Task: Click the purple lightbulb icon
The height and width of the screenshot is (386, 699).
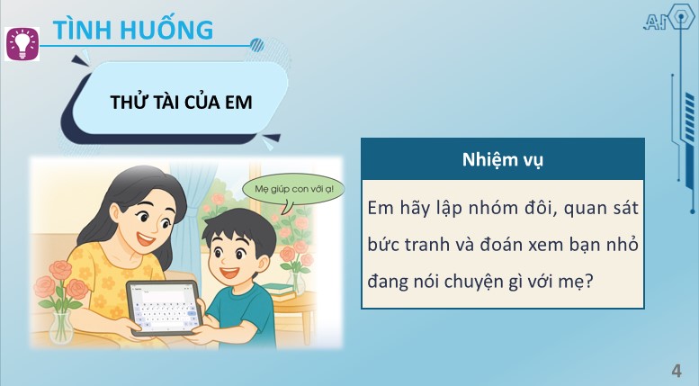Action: coord(23,43)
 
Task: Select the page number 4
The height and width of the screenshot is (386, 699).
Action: coord(676,371)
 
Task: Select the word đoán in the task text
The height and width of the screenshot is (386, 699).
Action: coord(516,245)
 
